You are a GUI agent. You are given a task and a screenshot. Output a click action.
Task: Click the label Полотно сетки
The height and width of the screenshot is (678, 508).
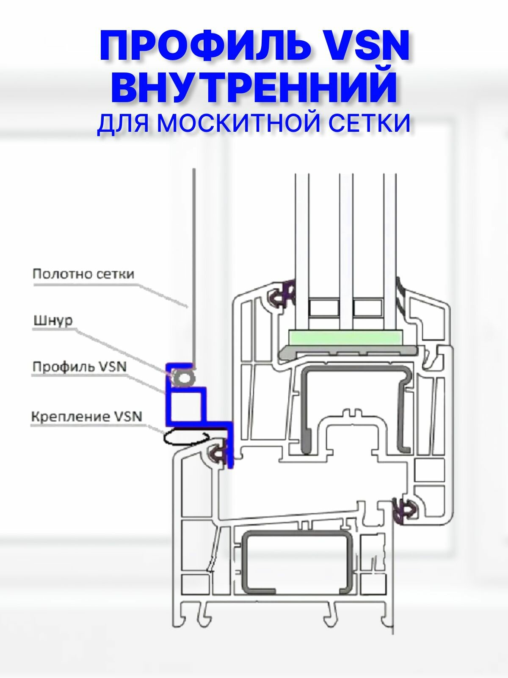pyautogui.click(x=83, y=274)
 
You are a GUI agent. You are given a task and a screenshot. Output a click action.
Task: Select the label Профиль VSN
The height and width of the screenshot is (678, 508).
pyautogui.click(x=80, y=367)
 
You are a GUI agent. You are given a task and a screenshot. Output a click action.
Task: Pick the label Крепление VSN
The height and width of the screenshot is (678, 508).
pyautogui.click(x=86, y=417)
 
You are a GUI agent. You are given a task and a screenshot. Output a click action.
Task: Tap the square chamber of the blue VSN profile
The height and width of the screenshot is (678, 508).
pyautogui.click(x=187, y=405)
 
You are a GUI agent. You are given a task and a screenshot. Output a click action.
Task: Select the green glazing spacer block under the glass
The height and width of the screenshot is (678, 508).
pyautogui.click(x=345, y=338)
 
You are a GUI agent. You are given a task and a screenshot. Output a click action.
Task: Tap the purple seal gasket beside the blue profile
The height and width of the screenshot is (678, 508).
pyautogui.click(x=219, y=455)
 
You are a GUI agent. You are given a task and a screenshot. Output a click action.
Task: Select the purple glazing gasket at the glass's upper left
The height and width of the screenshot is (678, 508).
pyautogui.click(x=283, y=293)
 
